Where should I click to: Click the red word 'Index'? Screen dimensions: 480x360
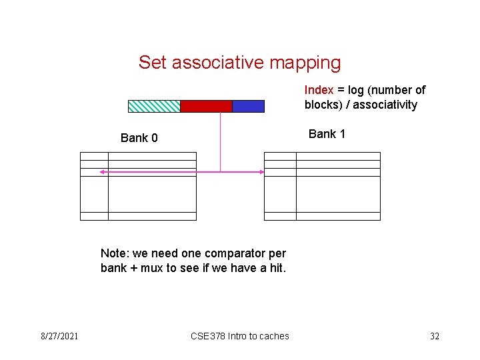coord(319,89)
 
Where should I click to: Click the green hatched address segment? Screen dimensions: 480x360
coord(154,106)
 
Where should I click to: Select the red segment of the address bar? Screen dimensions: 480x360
coord(206,106)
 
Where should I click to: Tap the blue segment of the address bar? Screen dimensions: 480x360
coord(248,106)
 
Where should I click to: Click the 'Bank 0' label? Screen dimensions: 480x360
coord(139,138)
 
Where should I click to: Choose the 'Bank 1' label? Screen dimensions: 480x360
coord(327,134)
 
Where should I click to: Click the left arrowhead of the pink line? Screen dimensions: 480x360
coord(102,172)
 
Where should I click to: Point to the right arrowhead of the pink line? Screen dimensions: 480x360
coord(262,172)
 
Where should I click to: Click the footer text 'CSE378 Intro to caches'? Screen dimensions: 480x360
coord(240,336)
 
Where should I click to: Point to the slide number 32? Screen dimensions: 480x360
coord(435,336)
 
